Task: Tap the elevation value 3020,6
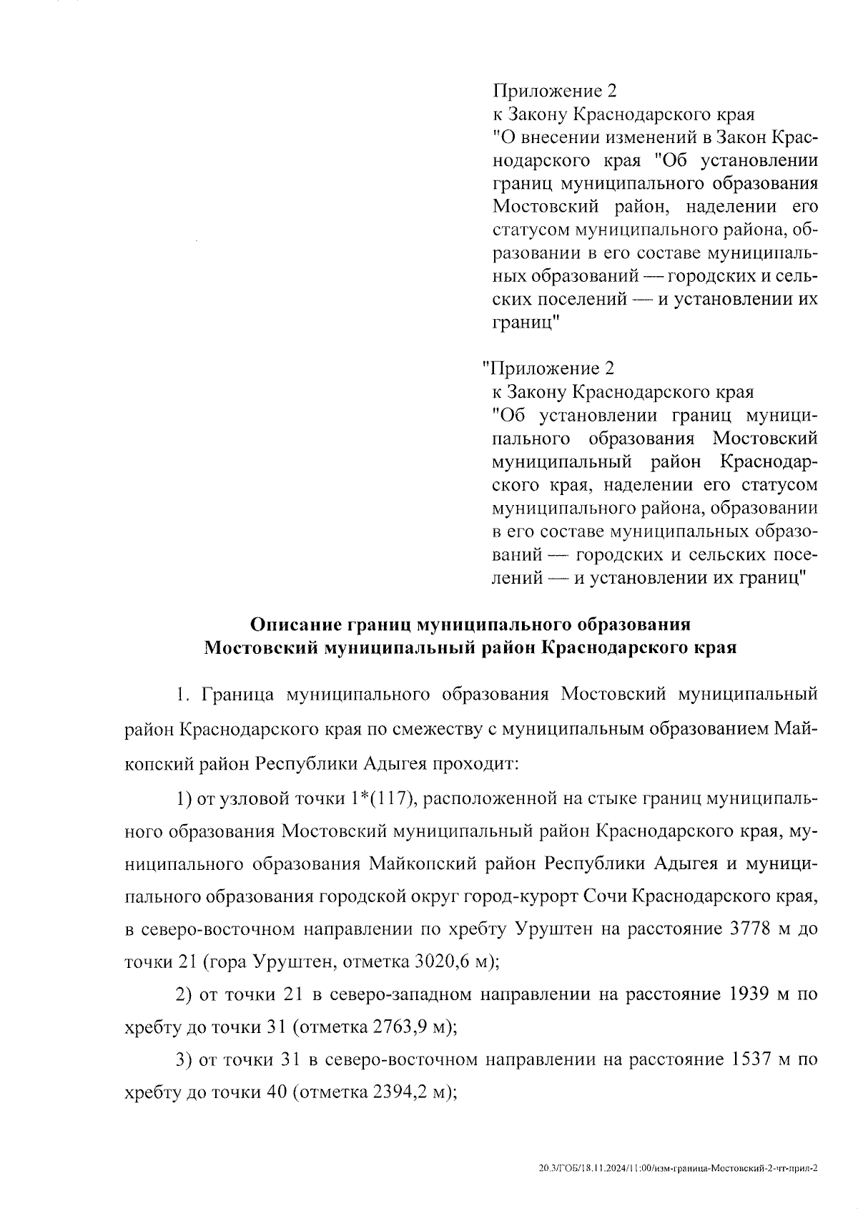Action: [441, 961]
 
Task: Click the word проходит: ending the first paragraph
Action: [478, 764]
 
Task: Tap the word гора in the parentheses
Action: [226, 961]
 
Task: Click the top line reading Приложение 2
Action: [553, 91]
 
